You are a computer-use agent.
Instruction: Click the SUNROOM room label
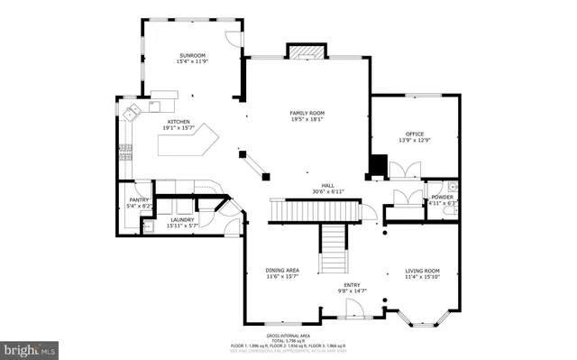(x=192, y=56)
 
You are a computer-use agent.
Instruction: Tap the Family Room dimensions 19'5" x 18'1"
(x=307, y=119)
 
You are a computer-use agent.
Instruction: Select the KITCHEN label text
(x=177, y=122)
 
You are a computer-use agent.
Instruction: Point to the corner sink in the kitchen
(x=132, y=113)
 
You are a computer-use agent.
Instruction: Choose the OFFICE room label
(x=415, y=134)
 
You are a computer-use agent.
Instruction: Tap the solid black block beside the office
(x=378, y=165)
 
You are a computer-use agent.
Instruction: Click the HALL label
(x=316, y=184)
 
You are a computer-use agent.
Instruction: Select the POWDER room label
(x=442, y=197)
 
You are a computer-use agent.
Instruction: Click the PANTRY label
(x=138, y=200)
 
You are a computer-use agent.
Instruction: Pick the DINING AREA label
(x=282, y=271)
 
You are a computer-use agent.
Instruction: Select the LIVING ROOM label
(x=421, y=271)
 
